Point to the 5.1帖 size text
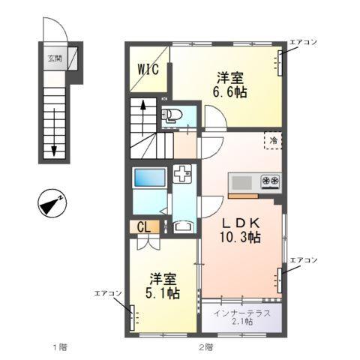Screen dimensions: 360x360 (162, 293)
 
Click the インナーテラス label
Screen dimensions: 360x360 (242, 313)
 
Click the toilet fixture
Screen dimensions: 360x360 (170, 115)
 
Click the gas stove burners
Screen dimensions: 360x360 (270, 181)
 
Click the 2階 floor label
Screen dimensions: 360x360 (205, 346)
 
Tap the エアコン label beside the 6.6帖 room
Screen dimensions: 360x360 (304, 43)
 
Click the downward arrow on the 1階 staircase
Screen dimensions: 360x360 (54, 135)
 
